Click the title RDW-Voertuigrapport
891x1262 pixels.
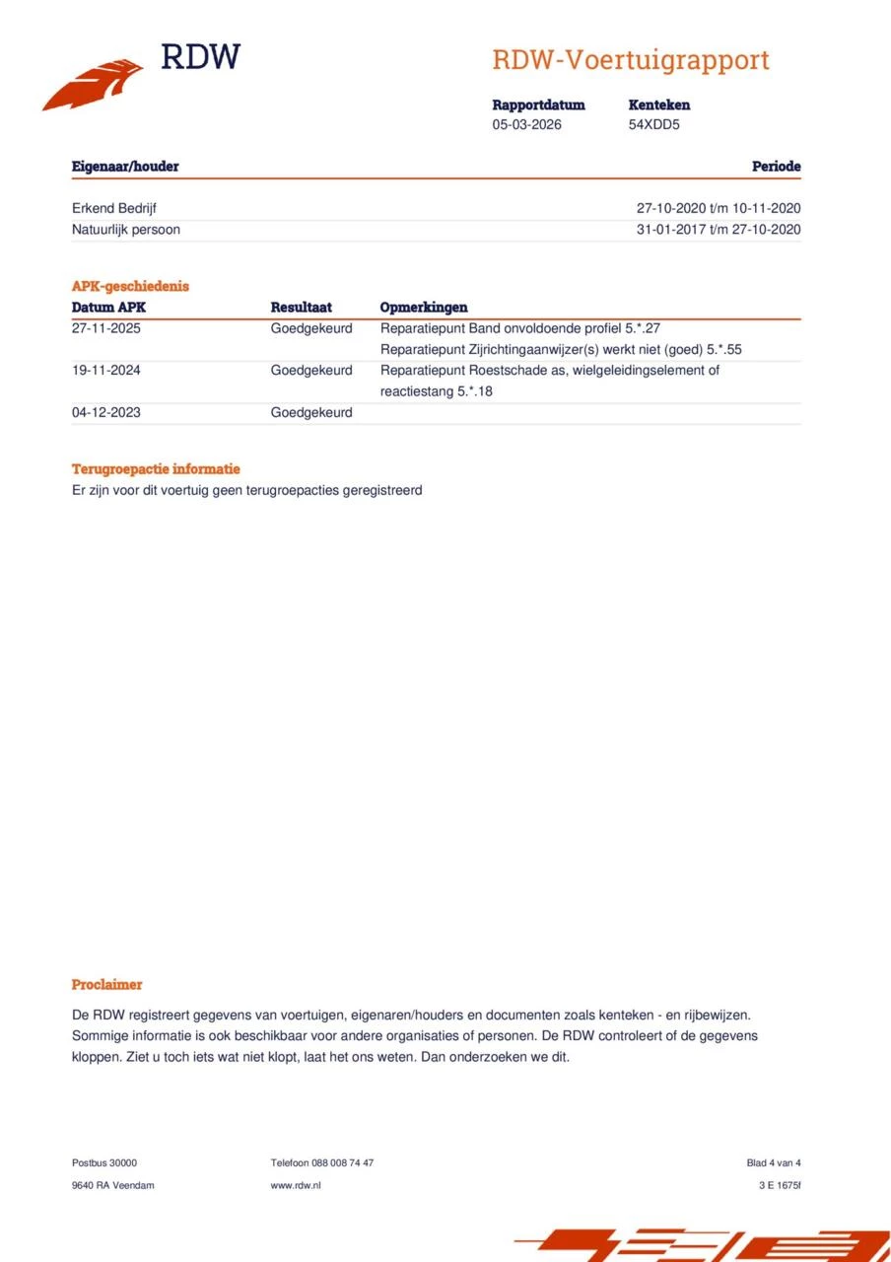(630, 60)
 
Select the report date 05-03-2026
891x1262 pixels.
(526, 125)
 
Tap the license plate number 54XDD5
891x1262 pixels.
(653, 125)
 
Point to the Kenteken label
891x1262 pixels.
(658, 105)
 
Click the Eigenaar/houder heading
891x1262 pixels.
(125, 167)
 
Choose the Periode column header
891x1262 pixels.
(776, 167)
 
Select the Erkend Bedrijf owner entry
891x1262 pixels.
(113, 208)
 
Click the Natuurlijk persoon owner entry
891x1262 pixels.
(125, 230)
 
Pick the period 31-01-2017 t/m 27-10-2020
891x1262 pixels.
(718, 230)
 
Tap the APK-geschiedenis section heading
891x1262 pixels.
(130, 286)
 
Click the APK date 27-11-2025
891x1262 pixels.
(105, 328)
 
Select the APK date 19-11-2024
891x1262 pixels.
(105, 371)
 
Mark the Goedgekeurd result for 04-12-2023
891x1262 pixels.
(310, 412)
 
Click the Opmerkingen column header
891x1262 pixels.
(423, 308)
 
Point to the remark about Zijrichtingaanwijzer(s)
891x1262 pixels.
(560, 350)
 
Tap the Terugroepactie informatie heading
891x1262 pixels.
(156, 469)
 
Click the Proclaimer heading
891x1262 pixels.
(106, 985)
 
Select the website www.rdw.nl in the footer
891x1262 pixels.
(295, 1185)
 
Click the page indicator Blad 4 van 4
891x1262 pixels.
(774, 1163)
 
